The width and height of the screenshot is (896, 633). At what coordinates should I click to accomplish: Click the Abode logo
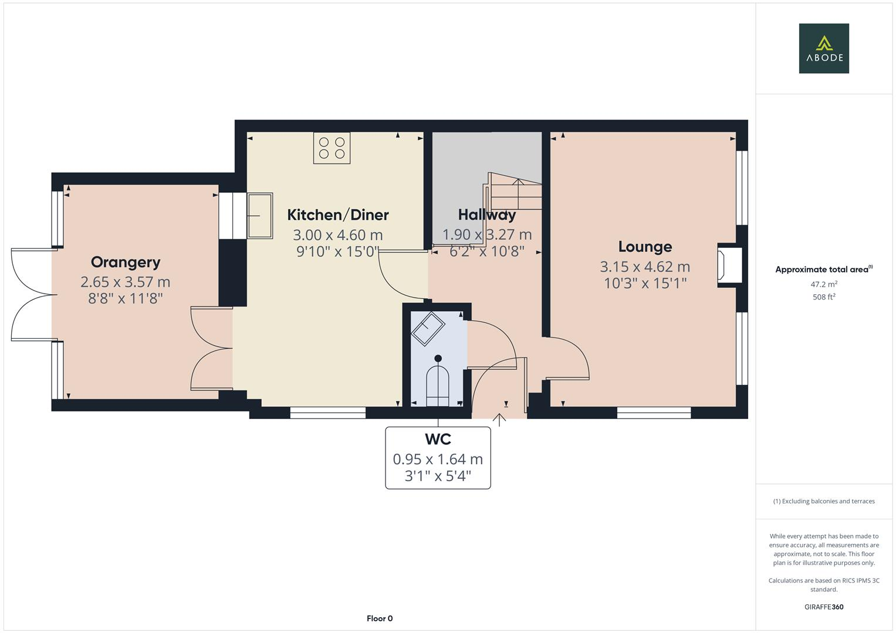click(x=823, y=48)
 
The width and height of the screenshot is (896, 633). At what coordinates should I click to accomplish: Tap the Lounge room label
click(x=645, y=247)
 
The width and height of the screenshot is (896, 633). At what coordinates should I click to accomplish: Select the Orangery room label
click(x=126, y=262)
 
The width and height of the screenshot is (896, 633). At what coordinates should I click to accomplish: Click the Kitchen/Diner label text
click(x=337, y=215)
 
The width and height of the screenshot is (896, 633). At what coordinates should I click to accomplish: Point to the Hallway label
click(x=486, y=215)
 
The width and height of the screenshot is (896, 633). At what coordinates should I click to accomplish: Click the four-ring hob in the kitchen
click(x=332, y=148)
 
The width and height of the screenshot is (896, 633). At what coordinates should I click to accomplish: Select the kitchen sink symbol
click(x=260, y=216)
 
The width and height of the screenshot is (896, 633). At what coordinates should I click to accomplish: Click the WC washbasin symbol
click(x=427, y=329)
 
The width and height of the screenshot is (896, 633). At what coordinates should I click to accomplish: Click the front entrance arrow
click(x=499, y=420)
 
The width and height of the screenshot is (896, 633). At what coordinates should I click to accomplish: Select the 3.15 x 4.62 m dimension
click(x=645, y=267)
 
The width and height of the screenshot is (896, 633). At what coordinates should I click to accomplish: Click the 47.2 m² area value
click(x=823, y=284)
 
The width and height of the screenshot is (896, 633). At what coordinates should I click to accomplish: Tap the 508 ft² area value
click(x=823, y=297)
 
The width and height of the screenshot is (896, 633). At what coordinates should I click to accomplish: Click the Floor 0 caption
click(x=379, y=618)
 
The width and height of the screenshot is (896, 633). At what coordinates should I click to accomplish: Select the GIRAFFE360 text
click(x=823, y=607)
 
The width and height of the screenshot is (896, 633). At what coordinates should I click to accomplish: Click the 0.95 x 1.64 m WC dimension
click(x=438, y=459)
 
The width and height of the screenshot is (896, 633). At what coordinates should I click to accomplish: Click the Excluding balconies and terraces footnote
click(x=823, y=501)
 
